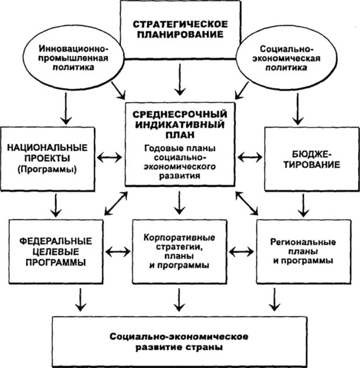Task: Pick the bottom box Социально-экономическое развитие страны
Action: click(180, 342)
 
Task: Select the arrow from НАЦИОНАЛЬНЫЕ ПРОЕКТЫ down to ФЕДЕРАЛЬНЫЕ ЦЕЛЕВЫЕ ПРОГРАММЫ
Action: click(56, 204)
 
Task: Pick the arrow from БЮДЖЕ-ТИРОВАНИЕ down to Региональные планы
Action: click(303, 204)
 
